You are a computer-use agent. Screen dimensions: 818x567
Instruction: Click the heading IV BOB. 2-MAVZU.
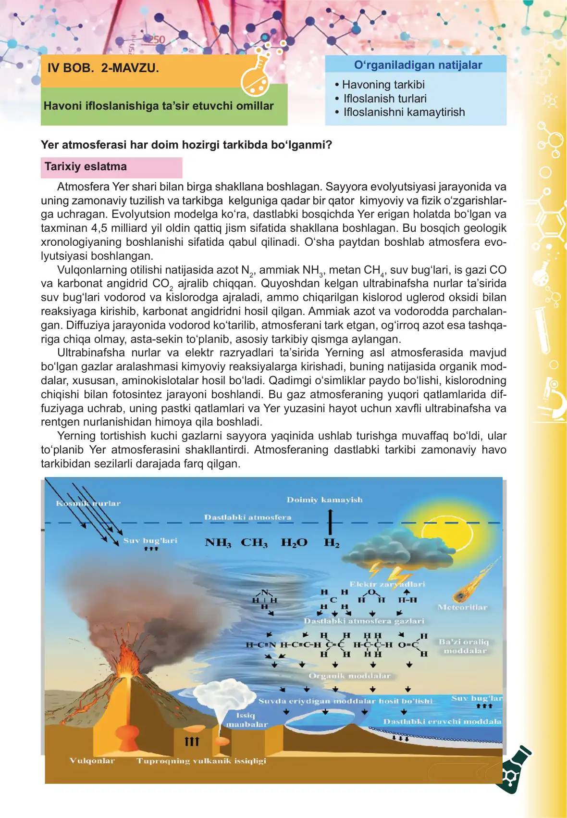[103, 68]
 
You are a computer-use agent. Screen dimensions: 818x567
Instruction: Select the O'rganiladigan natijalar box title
[418, 65]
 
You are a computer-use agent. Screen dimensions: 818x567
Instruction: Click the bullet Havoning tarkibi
[383, 85]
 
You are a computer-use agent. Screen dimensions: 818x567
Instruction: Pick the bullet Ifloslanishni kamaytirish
[404, 112]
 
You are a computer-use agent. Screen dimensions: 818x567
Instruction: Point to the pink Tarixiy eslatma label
[86, 167]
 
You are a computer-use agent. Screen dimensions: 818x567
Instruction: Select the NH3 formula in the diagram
[218, 542]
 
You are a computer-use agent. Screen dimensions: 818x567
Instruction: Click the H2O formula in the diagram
[294, 542]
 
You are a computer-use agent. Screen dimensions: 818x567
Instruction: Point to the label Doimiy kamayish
[324, 500]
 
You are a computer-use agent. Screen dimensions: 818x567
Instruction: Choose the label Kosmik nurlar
[88, 503]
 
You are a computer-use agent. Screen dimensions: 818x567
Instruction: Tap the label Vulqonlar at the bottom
[92, 761]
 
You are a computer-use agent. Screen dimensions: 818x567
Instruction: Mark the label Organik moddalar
[349, 676]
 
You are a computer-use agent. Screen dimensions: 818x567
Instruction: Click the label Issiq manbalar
[247, 720]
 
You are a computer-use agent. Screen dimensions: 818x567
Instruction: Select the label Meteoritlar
[462, 607]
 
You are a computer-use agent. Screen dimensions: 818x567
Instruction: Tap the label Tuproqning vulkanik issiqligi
[201, 761]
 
